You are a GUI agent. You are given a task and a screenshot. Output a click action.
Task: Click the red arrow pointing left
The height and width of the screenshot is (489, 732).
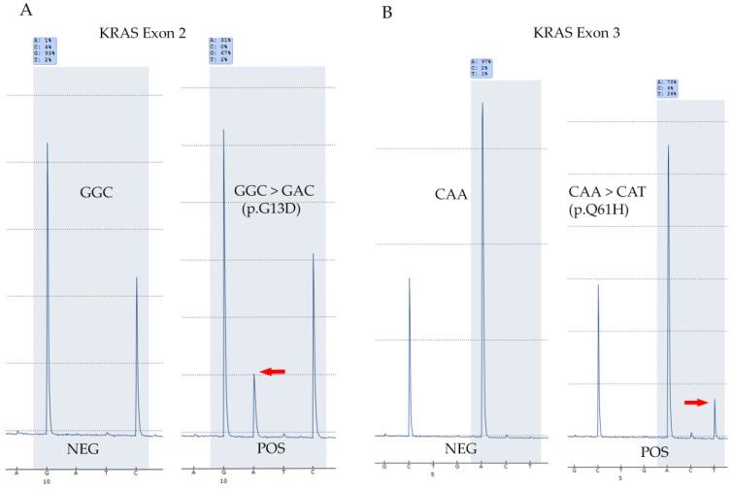(x=273, y=371)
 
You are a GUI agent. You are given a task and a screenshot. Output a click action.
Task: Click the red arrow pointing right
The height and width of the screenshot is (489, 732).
(x=696, y=401)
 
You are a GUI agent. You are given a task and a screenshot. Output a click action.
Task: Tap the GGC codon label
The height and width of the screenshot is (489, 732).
(x=96, y=192)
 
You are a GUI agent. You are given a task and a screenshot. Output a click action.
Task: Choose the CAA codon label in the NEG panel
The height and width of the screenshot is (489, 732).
(x=451, y=194)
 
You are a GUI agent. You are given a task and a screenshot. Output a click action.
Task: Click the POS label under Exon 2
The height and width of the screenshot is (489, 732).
(x=258, y=450)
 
